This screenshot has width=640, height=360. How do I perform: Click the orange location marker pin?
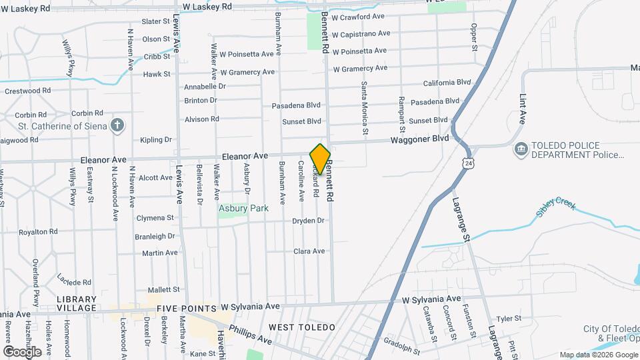(x=320, y=159)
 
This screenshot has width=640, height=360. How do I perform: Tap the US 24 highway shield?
(x=461, y=162)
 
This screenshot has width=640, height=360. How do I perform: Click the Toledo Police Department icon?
(x=520, y=149)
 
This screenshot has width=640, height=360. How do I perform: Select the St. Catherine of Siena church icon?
(x=117, y=125)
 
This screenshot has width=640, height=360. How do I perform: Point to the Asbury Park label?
(x=243, y=209)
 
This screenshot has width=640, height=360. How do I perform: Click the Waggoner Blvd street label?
(x=420, y=139)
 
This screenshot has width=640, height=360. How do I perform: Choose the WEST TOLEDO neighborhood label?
(x=301, y=327)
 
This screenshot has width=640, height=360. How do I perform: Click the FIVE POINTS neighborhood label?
(x=187, y=309)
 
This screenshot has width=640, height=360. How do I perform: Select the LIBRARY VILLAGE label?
(x=77, y=304)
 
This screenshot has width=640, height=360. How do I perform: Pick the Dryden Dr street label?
(x=308, y=221)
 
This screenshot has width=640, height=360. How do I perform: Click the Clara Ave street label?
(x=309, y=251)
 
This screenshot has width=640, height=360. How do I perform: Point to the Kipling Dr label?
(x=156, y=140)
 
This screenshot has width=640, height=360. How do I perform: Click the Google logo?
(x=22, y=351)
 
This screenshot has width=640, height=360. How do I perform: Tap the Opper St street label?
(x=474, y=37)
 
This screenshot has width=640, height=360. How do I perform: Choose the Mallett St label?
(x=164, y=289)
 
